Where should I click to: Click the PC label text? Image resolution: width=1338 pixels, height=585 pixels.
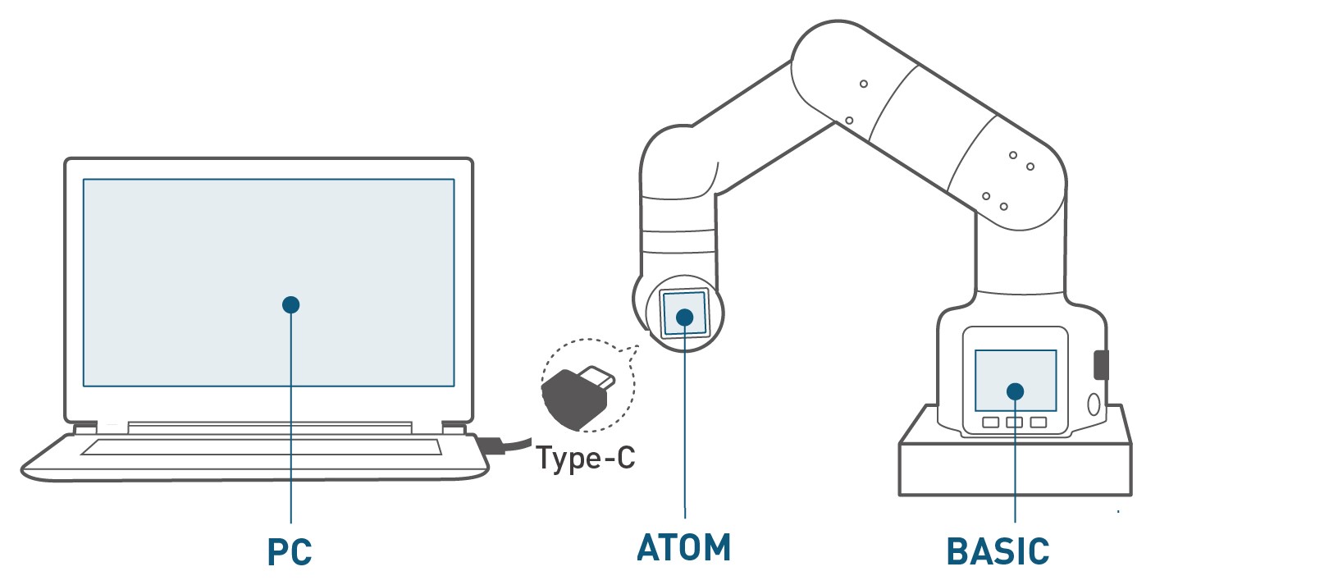click(x=290, y=551)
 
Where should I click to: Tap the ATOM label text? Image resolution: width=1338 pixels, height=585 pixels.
click(x=684, y=548)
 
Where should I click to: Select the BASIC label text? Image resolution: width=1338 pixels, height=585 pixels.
click(x=998, y=551)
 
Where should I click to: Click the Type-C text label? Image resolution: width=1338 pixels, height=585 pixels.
click(x=586, y=458)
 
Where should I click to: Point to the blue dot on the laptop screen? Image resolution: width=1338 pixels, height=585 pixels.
click(x=290, y=304)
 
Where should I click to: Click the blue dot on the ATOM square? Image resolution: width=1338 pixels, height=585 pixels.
click(x=685, y=317)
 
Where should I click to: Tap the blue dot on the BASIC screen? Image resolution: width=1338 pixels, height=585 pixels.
click(x=1016, y=391)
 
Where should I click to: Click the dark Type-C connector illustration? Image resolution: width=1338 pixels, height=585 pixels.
click(x=574, y=398)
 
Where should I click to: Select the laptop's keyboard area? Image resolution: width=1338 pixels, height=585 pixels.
click(x=261, y=447)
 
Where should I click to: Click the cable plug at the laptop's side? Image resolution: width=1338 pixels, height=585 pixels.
click(x=491, y=446)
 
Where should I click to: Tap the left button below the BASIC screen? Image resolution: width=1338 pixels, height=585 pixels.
click(x=991, y=423)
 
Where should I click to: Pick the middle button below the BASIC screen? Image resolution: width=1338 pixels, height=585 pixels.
click(x=1015, y=423)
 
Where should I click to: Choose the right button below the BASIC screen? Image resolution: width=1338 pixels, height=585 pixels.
click(x=1039, y=423)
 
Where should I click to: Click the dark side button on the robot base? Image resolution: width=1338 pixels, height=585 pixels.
click(x=1101, y=364)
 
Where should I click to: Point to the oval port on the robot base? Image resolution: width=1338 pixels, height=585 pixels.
click(x=1093, y=404)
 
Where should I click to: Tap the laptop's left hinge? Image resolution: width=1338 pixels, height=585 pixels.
click(x=85, y=428)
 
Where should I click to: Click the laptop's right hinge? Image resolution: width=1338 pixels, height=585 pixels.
click(x=454, y=428)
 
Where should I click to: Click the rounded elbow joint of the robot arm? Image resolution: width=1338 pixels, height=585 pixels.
click(x=829, y=70)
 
